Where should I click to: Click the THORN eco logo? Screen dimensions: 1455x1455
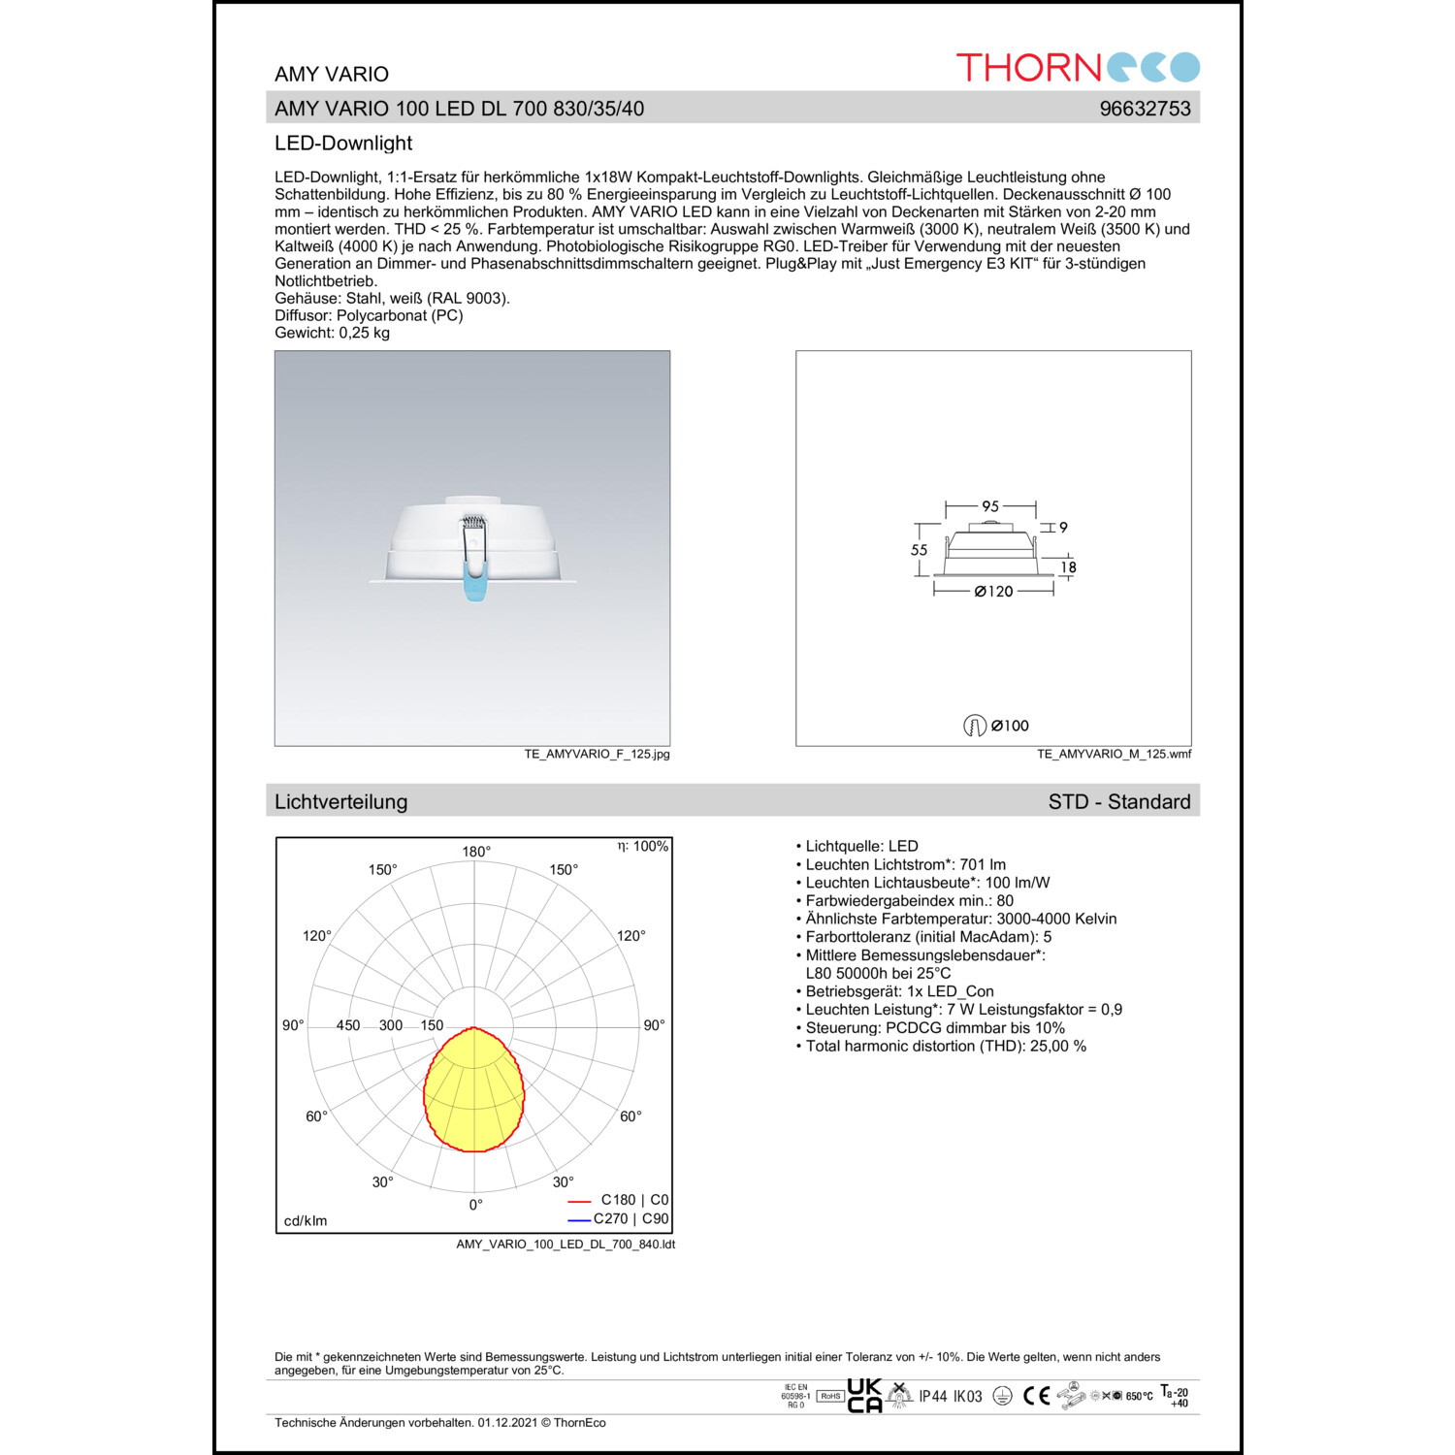pos(1078,67)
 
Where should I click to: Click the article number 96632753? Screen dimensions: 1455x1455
pos(1145,109)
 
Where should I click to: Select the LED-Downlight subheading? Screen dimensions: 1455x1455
pos(343,144)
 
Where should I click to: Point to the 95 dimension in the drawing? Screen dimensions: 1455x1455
pos(990,506)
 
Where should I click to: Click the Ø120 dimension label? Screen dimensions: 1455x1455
pos(993,591)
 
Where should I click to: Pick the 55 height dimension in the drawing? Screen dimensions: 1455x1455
pos(919,550)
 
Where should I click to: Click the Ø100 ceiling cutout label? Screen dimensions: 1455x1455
pos(1009,726)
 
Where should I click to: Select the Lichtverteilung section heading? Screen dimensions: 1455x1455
pos(340,802)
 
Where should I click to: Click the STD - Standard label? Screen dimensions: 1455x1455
pos(1118,802)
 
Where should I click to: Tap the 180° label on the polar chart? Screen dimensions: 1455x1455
pos(476,852)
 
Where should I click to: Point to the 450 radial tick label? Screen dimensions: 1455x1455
pos(347,1025)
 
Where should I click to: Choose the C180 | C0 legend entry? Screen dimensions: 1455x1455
pos(633,1200)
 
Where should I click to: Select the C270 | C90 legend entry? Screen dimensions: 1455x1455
pos(630,1219)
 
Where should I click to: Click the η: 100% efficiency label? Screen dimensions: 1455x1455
pos(643,847)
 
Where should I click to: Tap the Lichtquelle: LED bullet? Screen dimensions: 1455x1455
pos(860,847)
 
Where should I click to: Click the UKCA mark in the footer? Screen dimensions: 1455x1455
pos(864,1396)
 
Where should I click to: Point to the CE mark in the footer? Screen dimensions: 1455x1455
pos(1037,1396)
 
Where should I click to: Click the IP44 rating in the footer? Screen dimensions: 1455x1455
pos(933,1397)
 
